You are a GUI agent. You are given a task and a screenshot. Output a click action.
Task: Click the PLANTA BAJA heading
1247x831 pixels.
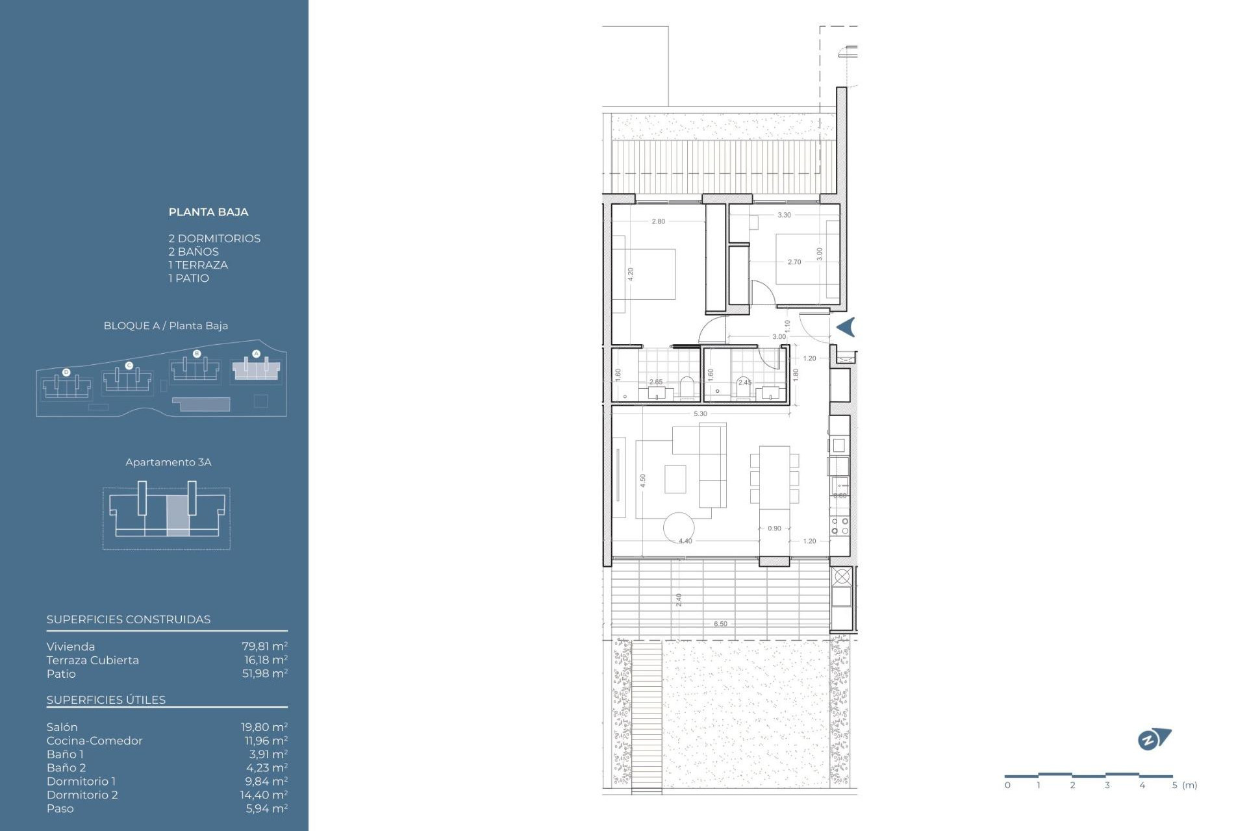pos(208,212)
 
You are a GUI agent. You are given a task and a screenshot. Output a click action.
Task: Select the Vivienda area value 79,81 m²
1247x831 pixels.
pos(264,646)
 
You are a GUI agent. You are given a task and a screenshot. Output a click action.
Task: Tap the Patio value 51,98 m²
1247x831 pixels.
pos(264,673)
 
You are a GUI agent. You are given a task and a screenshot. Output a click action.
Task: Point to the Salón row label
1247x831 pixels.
pos(62,727)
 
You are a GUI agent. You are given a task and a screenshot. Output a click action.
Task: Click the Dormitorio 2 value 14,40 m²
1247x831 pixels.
pos(264,795)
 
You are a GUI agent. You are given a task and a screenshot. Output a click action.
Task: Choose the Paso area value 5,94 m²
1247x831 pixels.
pos(266,808)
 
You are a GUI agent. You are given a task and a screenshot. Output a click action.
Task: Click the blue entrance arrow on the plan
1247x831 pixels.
pos(846,327)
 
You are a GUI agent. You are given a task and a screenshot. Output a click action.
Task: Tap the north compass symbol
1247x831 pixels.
pos(1153,739)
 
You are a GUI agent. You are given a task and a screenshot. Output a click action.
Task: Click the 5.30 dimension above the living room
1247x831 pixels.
pos(699,414)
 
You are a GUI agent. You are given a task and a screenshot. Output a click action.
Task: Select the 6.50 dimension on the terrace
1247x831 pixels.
pos(720,624)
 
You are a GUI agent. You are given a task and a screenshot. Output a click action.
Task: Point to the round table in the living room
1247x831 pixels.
pos(678,527)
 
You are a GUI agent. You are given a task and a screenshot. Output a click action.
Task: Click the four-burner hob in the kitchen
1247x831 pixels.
pos(839,526)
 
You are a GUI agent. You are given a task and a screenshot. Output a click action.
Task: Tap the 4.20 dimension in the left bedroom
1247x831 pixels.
pos(630,273)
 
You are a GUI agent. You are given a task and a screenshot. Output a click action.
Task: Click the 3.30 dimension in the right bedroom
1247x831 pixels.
pos(784,215)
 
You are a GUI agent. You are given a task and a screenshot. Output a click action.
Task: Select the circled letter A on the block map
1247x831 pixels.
pos(256,354)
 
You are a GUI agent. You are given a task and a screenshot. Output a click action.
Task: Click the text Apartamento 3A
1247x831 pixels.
pos(168,462)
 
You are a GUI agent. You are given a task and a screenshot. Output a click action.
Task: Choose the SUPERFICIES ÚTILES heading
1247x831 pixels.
pos(106,700)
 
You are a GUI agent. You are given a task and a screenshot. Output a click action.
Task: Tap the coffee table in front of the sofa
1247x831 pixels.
pos(675,478)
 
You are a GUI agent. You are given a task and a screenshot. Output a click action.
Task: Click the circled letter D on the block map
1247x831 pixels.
pos(66,372)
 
